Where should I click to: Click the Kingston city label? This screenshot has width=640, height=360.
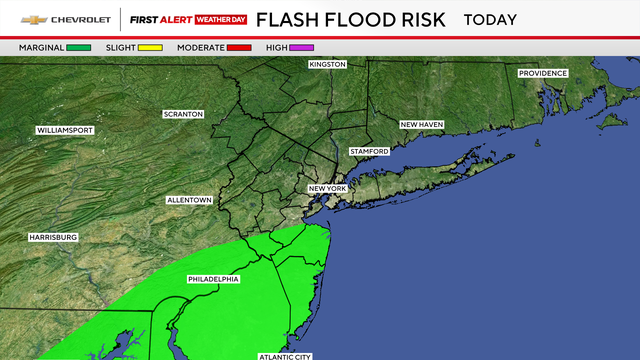click(327, 64)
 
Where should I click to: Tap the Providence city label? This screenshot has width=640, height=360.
click(543, 73)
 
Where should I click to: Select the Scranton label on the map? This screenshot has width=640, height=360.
click(184, 114)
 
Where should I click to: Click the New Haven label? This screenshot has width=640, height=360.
click(422, 125)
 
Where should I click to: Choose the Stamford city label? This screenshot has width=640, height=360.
click(368, 151)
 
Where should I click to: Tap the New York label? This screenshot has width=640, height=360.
click(327, 189)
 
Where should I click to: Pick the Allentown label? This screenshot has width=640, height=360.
click(189, 201)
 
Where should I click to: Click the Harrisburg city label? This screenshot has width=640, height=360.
click(53, 237)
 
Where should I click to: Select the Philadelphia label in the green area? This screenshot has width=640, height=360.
click(213, 279)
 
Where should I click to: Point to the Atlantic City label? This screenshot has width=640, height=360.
click(285, 356)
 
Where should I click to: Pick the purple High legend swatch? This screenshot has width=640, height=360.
click(304, 47)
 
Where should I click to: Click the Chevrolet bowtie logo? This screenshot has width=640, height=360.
click(33, 20)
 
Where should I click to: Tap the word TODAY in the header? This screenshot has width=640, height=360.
click(490, 20)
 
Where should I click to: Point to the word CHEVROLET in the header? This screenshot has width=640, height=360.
click(79, 20)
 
